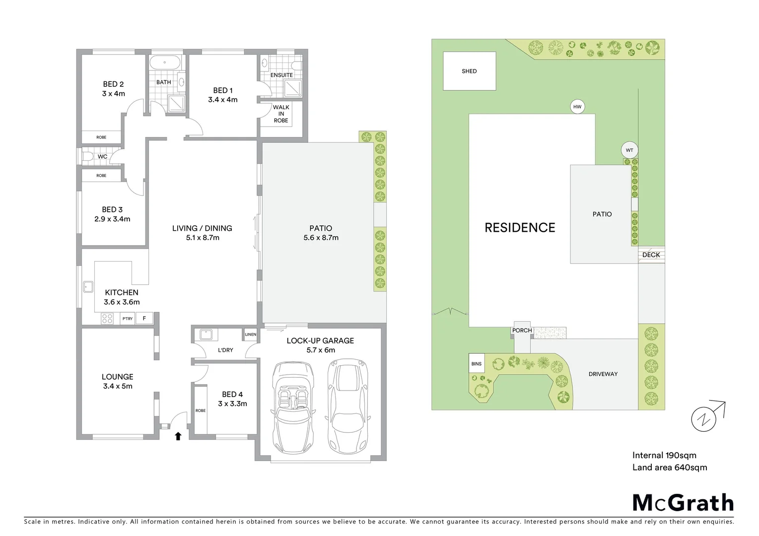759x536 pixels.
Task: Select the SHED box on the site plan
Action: pyautogui.click(x=469, y=71)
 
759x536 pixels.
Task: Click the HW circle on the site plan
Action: pyautogui.click(x=577, y=107)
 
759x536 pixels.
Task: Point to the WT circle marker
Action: pyautogui.click(x=629, y=150)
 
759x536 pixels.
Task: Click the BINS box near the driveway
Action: pyautogui.click(x=476, y=364)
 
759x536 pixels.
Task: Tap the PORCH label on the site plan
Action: pyautogui.click(x=522, y=331)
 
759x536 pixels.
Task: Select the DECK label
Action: pyautogui.click(x=651, y=255)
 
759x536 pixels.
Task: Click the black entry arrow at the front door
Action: pyautogui.click(x=178, y=436)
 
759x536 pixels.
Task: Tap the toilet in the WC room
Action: pyautogui.click(x=88, y=157)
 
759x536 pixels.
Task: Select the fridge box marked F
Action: pyautogui.click(x=144, y=318)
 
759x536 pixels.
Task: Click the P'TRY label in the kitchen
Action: pyautogui.click(x=128, y=319)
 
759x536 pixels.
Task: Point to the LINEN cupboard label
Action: pyautogui.click(x=250, y=335)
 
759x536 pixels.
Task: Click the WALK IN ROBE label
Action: pyautogui.click(x=281, y=114)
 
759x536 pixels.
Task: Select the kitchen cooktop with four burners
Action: pyautogui.click(x=107, y=318)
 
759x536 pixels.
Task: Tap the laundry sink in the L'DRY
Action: pyautogui.click(x=206, y=335)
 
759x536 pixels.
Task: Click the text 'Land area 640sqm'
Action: pyautogui.click(x=669, y=467)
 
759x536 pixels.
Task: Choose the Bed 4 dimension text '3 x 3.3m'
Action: pyautogui.click(x=232, y=403)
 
